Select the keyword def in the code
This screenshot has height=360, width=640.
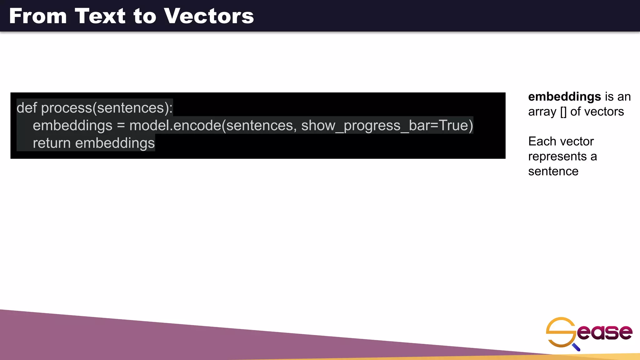(x=27, y=108)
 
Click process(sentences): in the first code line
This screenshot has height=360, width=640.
(x=107, y=108)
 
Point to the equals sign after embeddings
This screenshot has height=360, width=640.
(x=121, y=126)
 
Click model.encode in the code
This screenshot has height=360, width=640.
(x=175, y=126)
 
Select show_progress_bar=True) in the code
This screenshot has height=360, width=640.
(x=387, y=126)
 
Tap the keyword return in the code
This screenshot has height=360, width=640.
(x=52, y=143)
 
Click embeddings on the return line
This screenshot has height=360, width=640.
(x=115, y=143)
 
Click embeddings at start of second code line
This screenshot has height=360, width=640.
(x=72, y=126)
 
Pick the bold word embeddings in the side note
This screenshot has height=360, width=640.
(x=564, y=97)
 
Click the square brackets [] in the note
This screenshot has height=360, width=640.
(x=563, y=112)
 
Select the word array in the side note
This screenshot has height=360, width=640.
(x=542, y=112)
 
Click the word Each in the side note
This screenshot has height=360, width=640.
(x=541, y=141)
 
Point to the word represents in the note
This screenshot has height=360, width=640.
(x=557, y=156)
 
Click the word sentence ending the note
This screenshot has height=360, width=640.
(x=553, y=171)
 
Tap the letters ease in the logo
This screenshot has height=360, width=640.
(x=604, y=332)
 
